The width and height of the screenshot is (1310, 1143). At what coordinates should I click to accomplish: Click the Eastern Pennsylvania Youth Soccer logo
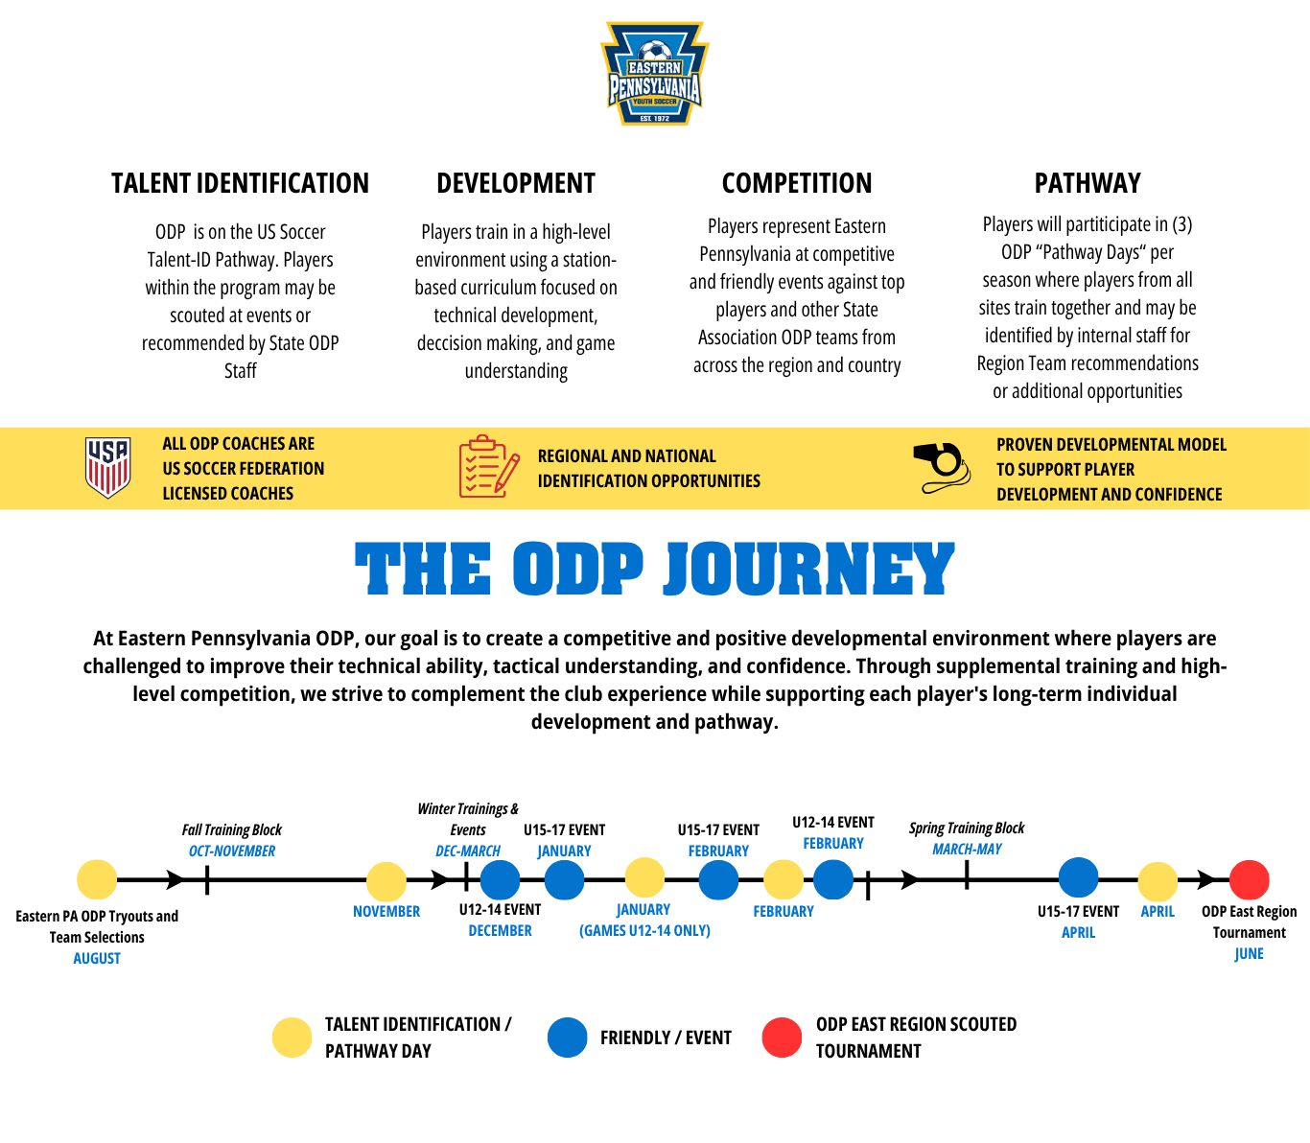tap(654, 74)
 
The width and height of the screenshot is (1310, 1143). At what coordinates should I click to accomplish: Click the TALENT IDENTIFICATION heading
tap(240, 183)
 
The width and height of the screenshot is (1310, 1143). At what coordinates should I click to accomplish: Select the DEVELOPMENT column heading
tap(516, 183)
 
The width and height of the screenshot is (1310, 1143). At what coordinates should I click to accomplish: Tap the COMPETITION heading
tap(797, 183)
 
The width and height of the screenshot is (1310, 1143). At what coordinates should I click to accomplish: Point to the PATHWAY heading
tap(1088, 183)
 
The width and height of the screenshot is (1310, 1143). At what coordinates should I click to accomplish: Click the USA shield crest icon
tap(108, 468)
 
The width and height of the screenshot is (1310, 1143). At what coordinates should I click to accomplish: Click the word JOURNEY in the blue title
tap(808, 569)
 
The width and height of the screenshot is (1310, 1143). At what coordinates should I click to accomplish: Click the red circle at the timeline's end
tap(1250, 880)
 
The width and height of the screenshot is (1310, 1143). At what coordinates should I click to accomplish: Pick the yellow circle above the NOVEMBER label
tap(386, 882)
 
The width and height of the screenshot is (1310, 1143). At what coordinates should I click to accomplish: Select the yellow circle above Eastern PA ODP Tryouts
tap(97, 880)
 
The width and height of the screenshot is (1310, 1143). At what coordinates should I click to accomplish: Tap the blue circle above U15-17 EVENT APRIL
tap(1078, 877)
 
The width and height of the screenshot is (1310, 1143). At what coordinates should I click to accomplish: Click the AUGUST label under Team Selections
tap(97, 958)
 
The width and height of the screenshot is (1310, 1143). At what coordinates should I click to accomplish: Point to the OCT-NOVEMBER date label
tap(232, 851)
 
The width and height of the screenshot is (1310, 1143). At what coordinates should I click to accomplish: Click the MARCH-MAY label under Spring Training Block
tap(967, 850)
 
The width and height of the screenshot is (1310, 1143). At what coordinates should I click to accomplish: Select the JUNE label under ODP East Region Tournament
tap(1250, 953)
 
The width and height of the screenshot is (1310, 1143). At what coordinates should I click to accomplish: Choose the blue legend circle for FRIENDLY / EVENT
tap(568, 1038)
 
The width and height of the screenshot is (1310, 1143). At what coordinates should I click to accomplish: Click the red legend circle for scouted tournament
tap(782, 1038)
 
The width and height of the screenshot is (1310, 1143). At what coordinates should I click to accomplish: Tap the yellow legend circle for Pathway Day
tap(292, 1038)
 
